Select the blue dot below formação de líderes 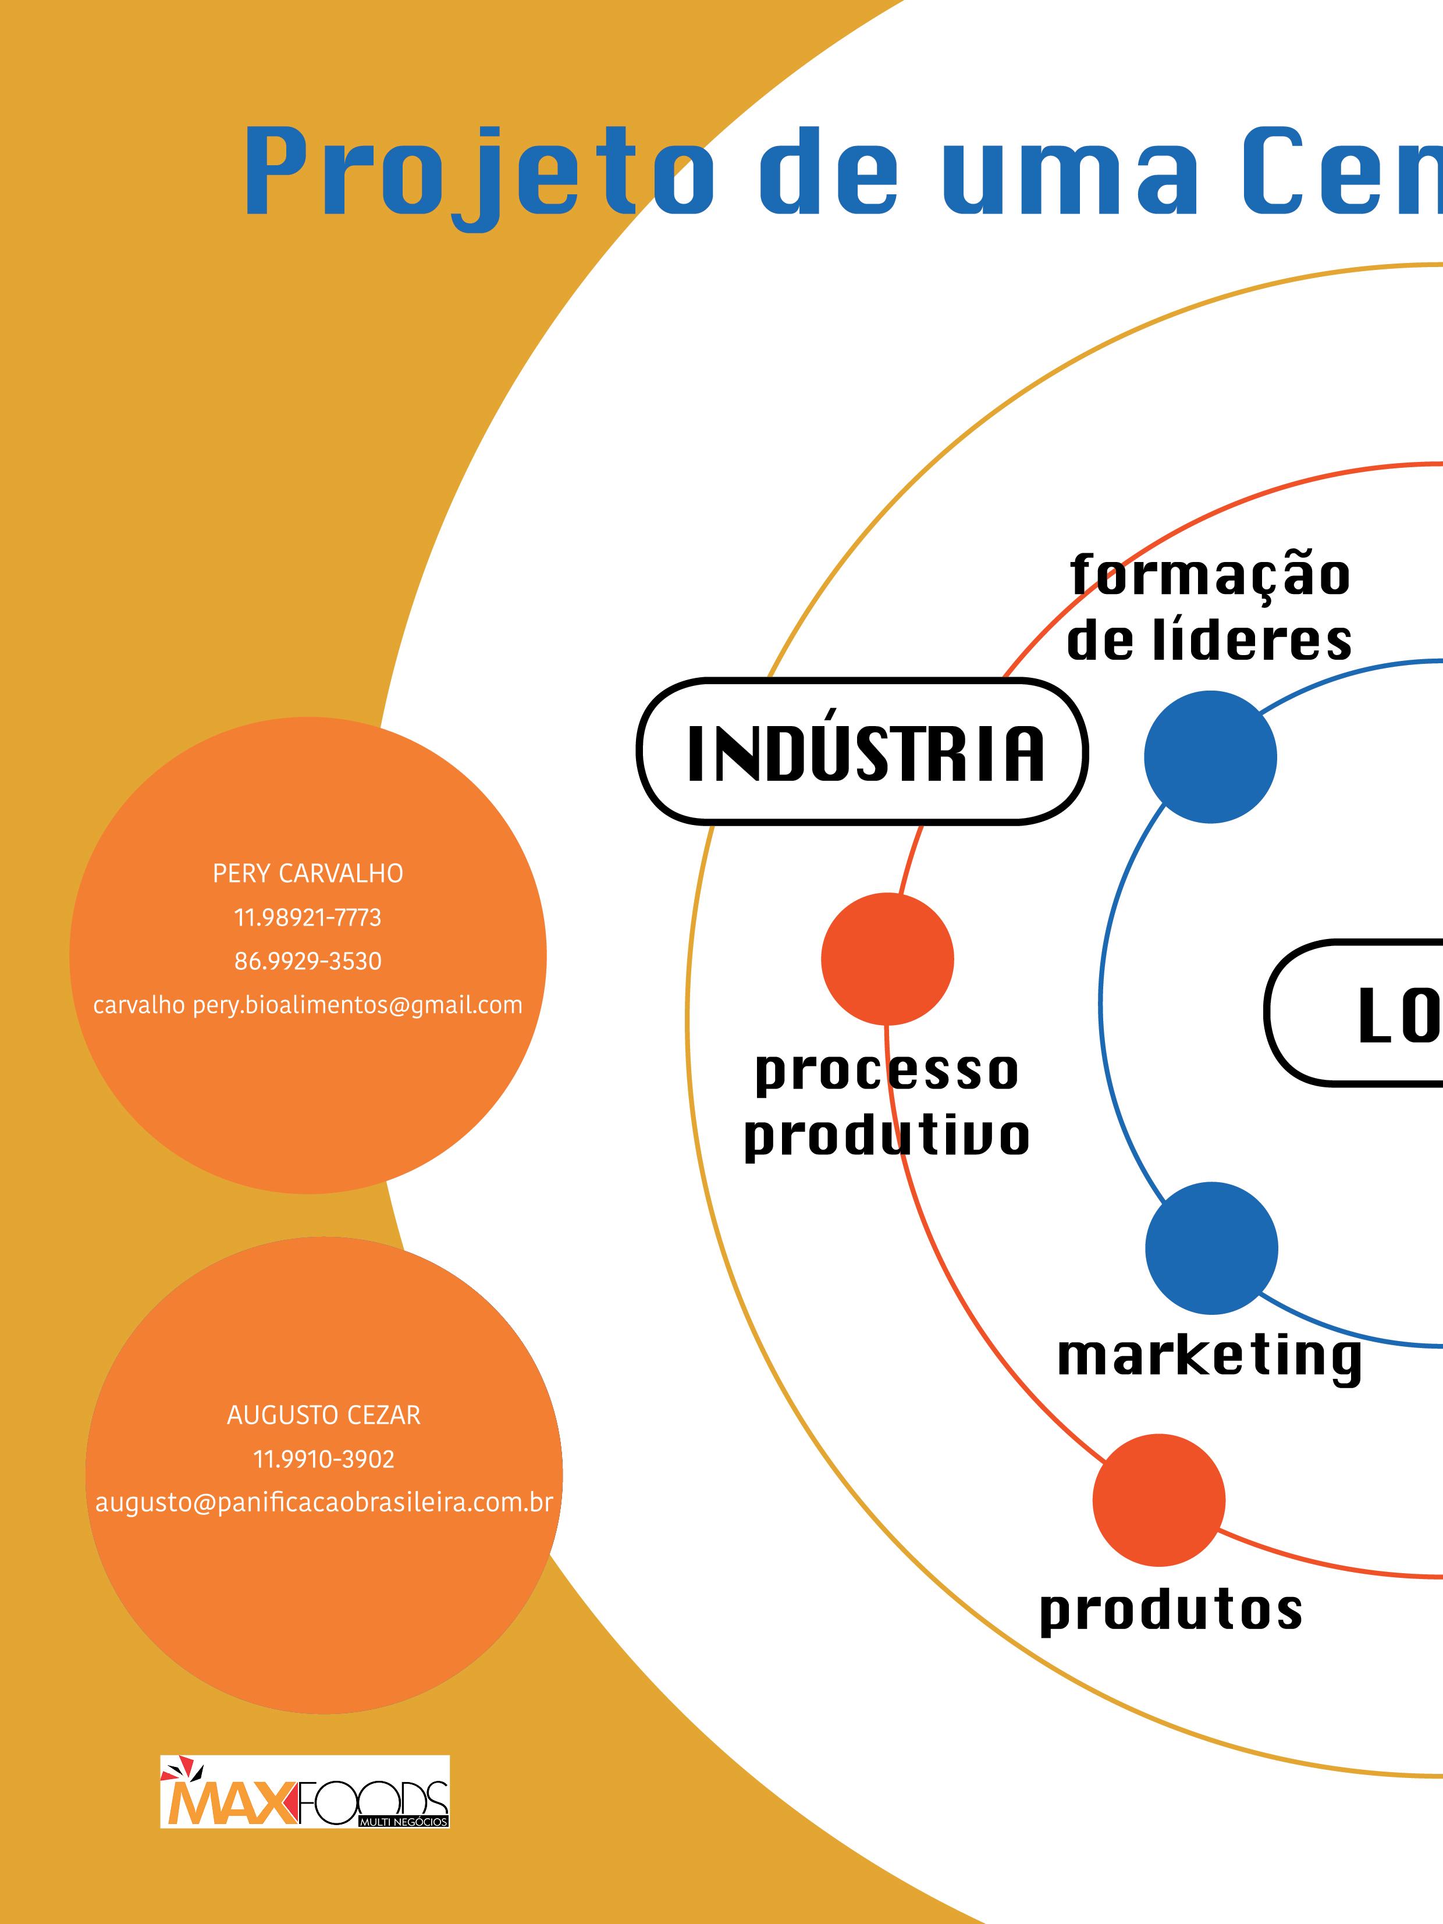[1210, 757]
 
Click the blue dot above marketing [1211, 1248]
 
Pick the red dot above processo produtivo [887, 959]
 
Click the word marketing [1209, 1356]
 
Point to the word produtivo [886, 1135]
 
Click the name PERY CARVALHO [308, 873]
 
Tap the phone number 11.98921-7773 [308, 917]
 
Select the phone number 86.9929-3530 [308, 961]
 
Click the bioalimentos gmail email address [308, 1005]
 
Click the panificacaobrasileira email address [324, 1503]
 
